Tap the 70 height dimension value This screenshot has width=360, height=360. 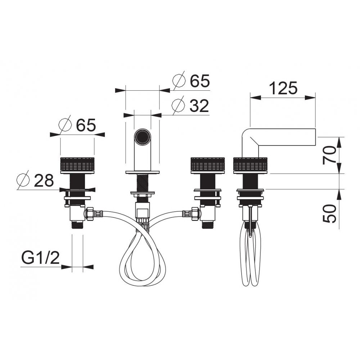tap(329, 155)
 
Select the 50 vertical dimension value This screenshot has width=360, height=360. tap(329, 213)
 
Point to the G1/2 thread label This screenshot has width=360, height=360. tap(40, 258)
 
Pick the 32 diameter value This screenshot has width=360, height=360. tap(199, 105)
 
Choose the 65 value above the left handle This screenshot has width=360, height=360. tap(86, 125)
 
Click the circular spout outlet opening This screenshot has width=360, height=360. tap(143, 137)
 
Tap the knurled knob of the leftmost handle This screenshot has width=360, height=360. tap(77, 165)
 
